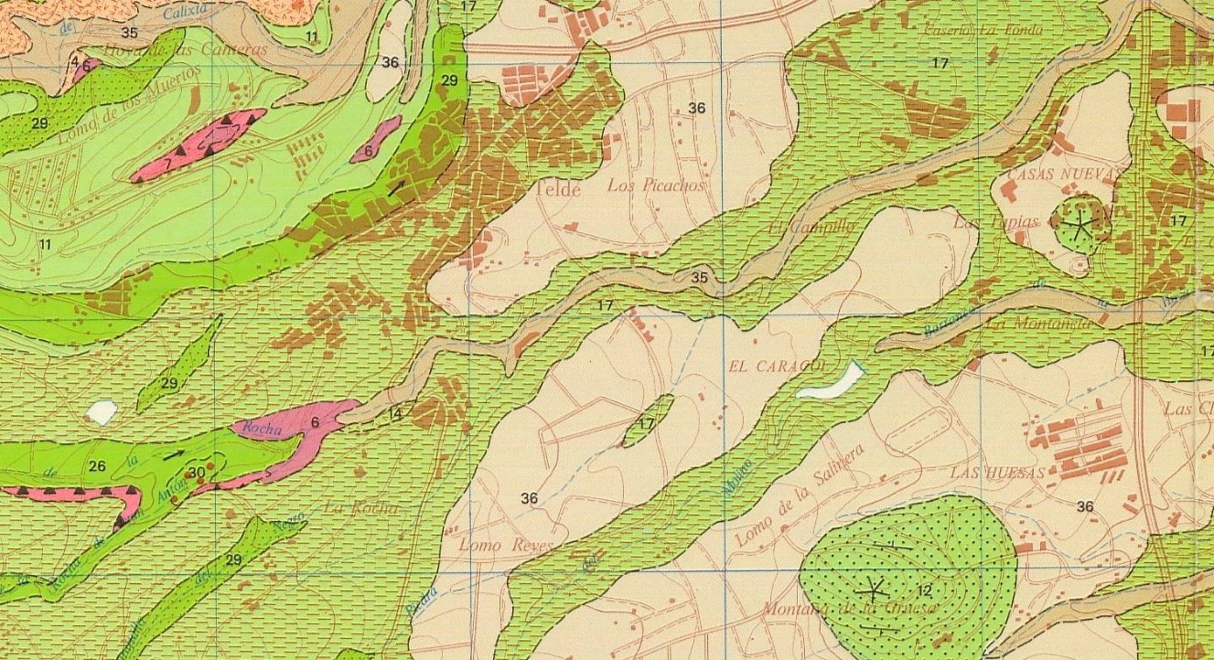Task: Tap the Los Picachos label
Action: click(658, 186)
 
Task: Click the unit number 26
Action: click(98, 466)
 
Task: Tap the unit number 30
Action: click(196, 473)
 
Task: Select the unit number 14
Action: click(395, 414)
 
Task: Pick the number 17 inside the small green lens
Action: click(647, 424)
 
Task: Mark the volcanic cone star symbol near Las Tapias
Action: click(1080, 223)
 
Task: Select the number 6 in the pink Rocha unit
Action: click(315, 422)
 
